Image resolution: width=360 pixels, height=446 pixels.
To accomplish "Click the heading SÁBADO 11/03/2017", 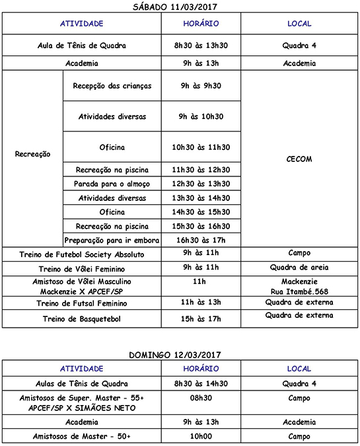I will point(180,7).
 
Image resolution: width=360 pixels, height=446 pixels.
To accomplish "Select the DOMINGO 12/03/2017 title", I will point(180,356).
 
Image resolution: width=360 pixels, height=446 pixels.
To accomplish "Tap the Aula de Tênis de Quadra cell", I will point(82,46).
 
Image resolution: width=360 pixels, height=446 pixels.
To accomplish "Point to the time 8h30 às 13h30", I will point(201,46).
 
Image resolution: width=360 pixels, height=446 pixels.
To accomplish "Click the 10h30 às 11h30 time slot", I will point(201,147).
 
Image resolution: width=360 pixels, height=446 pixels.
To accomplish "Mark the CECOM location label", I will point(300,159).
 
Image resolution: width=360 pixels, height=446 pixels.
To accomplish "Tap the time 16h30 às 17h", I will point(201,241).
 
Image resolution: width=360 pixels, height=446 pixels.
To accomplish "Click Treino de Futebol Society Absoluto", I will point(82,254).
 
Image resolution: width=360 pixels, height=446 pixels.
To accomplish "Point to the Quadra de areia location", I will point(300,268).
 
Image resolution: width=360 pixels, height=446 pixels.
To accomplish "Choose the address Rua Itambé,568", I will point(300,291).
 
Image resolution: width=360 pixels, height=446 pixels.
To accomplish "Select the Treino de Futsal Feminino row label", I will point(82,303).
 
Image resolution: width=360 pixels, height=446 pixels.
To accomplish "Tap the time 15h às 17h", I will point(201,318).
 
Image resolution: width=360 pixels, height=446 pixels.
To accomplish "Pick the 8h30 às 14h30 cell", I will point(201,383).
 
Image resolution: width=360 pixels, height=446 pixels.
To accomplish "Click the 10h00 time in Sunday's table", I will point(201,436).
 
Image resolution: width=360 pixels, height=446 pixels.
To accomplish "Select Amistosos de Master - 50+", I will point(82,437).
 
